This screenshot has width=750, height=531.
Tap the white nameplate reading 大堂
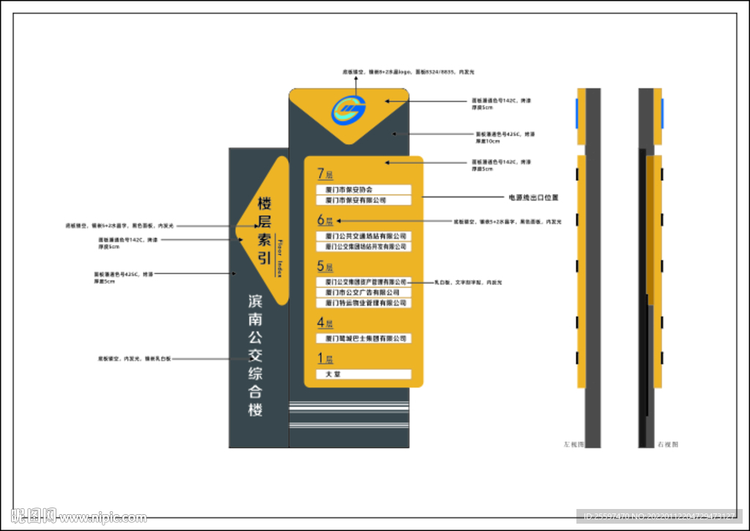[364, 374]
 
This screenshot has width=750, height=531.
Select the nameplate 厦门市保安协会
[364, 189]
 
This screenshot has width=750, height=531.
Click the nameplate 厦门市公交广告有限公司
[364, 293]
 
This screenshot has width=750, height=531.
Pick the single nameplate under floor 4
[364, 339]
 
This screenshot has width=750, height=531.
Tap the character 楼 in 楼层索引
[264, 203]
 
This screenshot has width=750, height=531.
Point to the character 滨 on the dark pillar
[256, 301]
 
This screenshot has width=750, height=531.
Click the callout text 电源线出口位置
[534, 197]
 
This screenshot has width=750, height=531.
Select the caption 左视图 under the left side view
[573, 444]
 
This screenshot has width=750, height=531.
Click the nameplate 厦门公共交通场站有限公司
[364, 236]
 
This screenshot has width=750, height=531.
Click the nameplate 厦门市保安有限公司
[364, 199]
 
